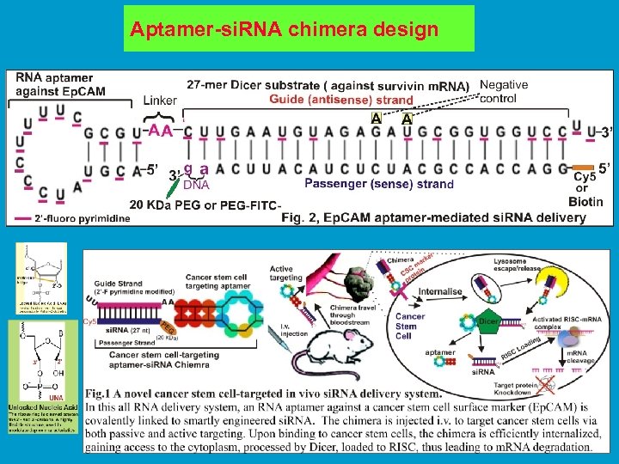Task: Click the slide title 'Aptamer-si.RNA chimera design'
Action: click(x=284, y=30)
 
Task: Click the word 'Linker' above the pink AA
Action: click(x=160, y=101)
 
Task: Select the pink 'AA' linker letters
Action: click(x=158, y=131)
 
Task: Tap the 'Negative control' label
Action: click(x=504, y=92)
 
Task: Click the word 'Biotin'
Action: click(x=585, y=202)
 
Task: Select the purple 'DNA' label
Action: click(x=197, y=184)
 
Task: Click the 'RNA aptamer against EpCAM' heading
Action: click(x=60, y=84)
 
